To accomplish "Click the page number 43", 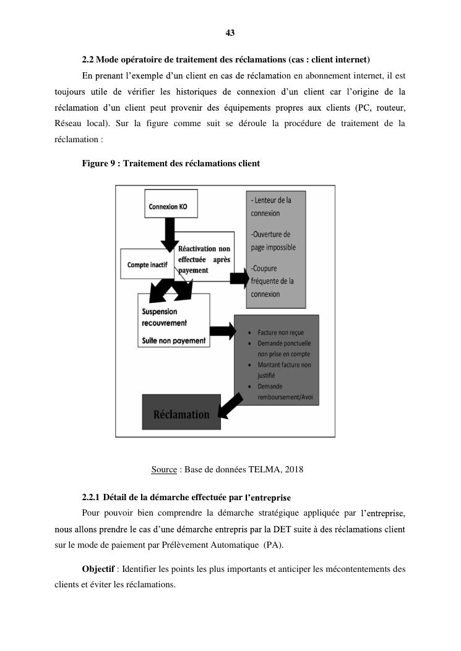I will [x=230, y=33].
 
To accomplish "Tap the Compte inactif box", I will [x=147, y=265].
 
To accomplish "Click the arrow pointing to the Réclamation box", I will [x=231, y=404].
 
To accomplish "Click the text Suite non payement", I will [x=174, y=340].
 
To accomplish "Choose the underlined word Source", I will [x=164, y=469].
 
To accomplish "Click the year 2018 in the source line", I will [x=294, y=469].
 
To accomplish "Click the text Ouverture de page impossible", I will [x=274, y=240].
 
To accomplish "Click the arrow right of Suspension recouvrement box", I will [x=223, y=331].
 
